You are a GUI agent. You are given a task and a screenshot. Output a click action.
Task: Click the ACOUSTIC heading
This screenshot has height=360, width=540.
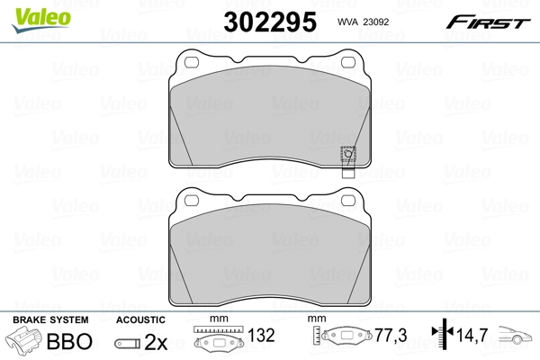[x=141, y=320]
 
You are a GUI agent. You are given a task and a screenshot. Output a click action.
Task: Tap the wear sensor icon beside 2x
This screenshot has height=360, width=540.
[x=129, y=343]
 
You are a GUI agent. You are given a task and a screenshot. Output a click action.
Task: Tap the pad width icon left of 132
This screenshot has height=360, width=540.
[x=221, y=341]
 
